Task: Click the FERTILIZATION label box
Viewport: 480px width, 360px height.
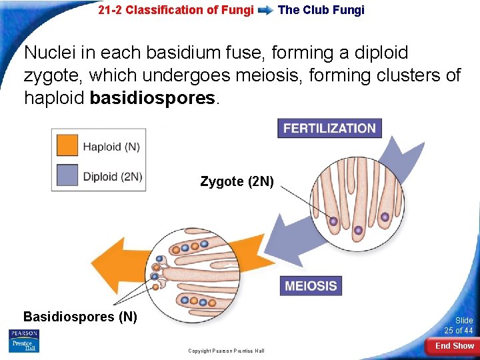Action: pyautogui.click(x=329, y=128)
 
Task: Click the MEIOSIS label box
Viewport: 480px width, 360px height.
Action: pyautogui.click(x=311, y=286)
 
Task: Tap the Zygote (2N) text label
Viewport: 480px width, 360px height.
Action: pyautogui.click(x=237, y=181)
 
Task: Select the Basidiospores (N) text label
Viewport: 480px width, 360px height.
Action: pyautogui.click(x=80, y=317)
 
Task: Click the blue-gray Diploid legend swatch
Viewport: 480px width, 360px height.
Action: pyautogui.click(x=67, y=177)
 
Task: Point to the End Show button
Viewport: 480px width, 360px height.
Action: pyautogui.click(x=455, y=346)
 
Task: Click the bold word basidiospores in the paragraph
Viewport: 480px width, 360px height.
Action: pyautogui.click(x=153, y=98)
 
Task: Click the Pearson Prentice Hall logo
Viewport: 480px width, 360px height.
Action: pyautogui.click(x=24, y=341)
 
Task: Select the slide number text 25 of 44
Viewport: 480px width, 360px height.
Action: pyautogui.click(x=459, y=331)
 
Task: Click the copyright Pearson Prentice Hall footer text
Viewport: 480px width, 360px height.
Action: pyautogui.click(x=226, y=351)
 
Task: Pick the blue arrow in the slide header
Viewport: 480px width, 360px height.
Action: pyautogui.click(x=265, y=10)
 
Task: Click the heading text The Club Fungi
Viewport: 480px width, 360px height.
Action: pyautogui.click(x=321, y=10)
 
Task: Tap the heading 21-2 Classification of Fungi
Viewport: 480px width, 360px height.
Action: pyautogui.click(x=175, y=10)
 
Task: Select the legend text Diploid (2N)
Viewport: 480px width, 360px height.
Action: pyautogui.click(x=113, y=177)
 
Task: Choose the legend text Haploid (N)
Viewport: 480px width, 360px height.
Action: pyautogui.click(x=110, y=146)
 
